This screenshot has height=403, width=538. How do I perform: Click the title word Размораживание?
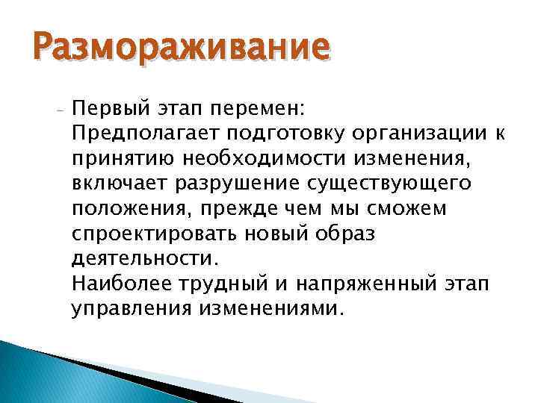tap(179, 49)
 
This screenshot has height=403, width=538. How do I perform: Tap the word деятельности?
tap(143, 259)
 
